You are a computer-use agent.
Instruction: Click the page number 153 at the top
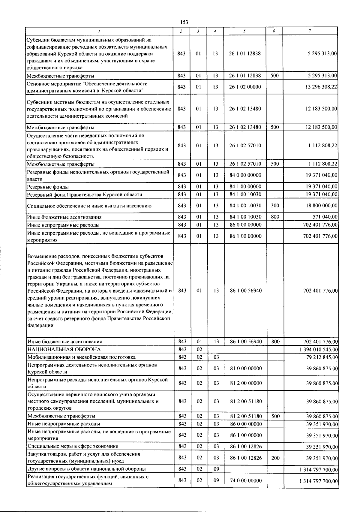point(184,22)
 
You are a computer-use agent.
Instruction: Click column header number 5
point(245,31)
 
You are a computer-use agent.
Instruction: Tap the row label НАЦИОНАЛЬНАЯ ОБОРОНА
point(64,349)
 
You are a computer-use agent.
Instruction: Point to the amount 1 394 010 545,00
point(319,350)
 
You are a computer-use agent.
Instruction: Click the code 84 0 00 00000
point(245,175)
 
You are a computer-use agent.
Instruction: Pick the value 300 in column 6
point(274,206)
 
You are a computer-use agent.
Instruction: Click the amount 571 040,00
point(325,217)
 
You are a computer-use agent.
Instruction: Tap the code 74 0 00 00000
point(245,480)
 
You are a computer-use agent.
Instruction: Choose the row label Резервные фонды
point(48,187)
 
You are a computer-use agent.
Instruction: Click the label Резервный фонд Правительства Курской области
point(85,194)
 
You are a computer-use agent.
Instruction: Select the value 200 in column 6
point(274,458)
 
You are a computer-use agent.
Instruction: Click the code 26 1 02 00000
point(245,87)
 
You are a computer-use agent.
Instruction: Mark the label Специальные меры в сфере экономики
point(73,446)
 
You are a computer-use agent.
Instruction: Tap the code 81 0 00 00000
point(245,368)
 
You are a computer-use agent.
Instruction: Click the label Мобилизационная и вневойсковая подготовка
point(81,357)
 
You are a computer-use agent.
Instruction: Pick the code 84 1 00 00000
point(245,186)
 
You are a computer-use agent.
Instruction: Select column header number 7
point(310,31)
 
